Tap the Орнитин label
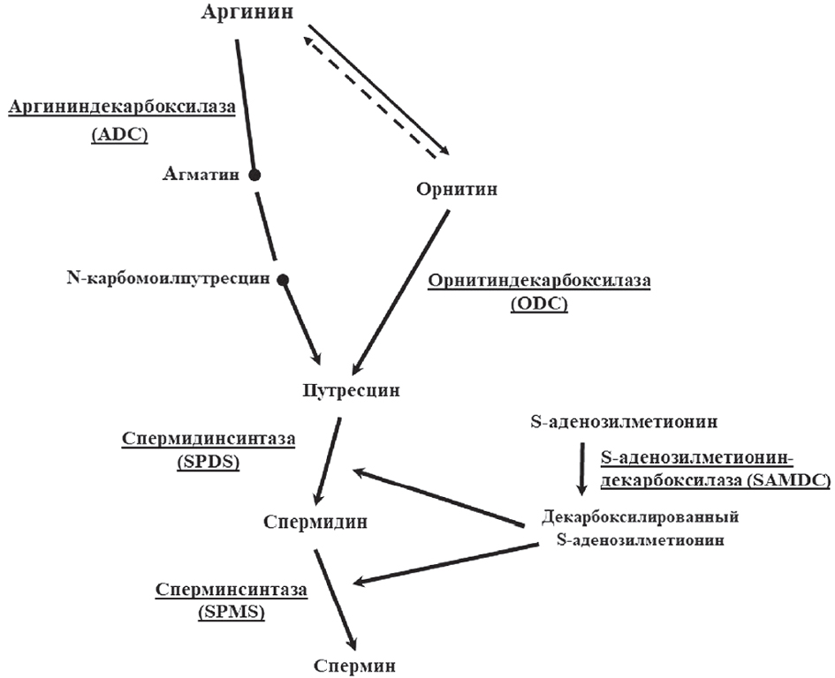click(456, 189)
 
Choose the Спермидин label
click(315, 522)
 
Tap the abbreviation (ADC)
click(121, 137)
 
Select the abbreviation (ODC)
click(539, 305)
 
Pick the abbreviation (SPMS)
click(232, 611)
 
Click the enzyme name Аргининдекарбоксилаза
click(122, 107)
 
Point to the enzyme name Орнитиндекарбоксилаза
click(539, 282)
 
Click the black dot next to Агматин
click(254, 175)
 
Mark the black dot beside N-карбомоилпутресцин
click(283, 281)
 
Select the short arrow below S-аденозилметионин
click(581, 468)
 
